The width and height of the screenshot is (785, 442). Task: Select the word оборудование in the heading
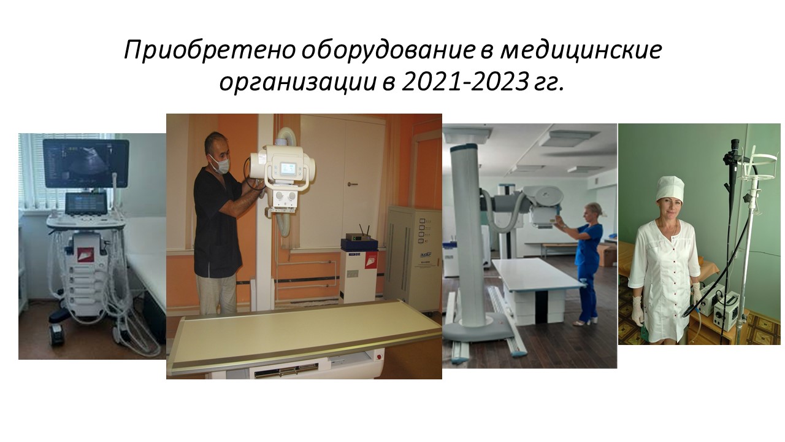coord(387,50)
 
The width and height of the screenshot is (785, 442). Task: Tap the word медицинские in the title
coord(581,50)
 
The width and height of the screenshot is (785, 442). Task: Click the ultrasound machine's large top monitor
coord(86,163)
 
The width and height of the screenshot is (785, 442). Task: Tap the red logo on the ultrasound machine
coord(85,254)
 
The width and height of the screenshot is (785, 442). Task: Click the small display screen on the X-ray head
coord(288,169)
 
